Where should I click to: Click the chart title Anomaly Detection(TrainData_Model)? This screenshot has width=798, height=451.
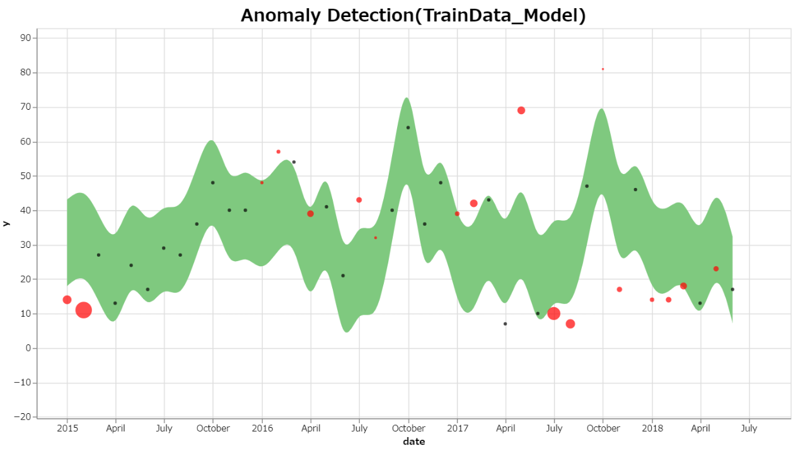pos(413,16)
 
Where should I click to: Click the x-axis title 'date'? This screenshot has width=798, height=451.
pos(414,442)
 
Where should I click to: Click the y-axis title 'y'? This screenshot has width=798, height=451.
pos(6,223)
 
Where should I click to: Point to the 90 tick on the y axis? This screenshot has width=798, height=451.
pos(26,38)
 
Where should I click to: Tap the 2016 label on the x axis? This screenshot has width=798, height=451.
pos(262,428)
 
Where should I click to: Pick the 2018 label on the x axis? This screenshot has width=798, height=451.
pos(652,428)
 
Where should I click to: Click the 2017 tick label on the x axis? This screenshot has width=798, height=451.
pos(457,428)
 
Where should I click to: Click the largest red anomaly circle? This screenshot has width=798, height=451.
pos(84,310)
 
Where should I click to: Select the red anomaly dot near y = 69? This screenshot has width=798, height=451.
pos(521,110)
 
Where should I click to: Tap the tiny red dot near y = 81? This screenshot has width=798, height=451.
pos(603,69)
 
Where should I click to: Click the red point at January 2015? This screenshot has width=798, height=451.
pos(67,300)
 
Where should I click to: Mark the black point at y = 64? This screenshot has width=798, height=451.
pos(408,127)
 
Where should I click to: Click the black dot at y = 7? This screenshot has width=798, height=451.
pos(505,324)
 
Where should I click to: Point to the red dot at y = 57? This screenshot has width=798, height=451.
pos(278,151)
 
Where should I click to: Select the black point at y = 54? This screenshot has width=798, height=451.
pos(294,162)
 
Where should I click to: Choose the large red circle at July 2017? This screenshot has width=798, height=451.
pos(553,313)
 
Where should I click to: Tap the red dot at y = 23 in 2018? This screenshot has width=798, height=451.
pos(716,269)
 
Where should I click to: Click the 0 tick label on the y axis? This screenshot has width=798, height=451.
pos(29,348)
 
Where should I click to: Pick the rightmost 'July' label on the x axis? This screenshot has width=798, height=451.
pos(749,428)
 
